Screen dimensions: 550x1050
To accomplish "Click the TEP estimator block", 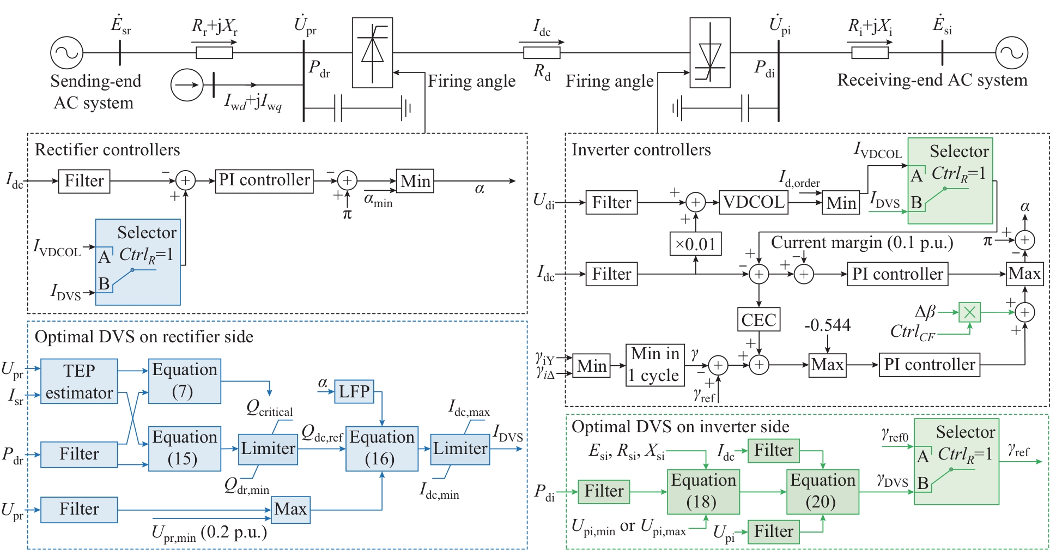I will click(x=79, y=382).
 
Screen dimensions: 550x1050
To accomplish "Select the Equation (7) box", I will click(x=184, y=381).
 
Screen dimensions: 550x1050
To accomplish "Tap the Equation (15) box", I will click(x=184, y=449).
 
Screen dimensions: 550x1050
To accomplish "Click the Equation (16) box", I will click(x=381, y=449).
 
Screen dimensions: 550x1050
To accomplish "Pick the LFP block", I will click(x=354, y=391).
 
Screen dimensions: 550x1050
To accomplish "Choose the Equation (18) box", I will click(x=703, y=492).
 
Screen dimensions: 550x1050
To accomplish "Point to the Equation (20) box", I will click(x=822, y=492).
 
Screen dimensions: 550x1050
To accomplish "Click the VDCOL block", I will click(x=754, y=202).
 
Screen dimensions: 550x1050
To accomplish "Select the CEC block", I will click(x=758, y=319).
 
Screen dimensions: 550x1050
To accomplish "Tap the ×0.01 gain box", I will click(x=695, y=244).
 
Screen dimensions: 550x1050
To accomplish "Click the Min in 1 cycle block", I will click(x=654, y=365).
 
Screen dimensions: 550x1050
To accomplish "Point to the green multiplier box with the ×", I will click(x=969, y=312).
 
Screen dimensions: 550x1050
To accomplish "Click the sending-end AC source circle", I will click(x=66, y=53).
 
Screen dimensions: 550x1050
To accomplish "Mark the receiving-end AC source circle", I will click(x=1011, y=53).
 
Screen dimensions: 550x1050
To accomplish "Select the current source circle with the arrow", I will click(x=186, y=85).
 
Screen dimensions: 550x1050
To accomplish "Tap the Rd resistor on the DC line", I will click(x=542, y=53).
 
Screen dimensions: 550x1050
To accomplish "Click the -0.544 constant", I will click(x=827, y=325).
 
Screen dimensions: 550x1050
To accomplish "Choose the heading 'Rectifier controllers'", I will click(x=107, y=150).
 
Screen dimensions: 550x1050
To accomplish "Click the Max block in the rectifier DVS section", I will click(x=290, y=510).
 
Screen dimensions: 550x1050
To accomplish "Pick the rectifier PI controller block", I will click(x=265, y=180).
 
